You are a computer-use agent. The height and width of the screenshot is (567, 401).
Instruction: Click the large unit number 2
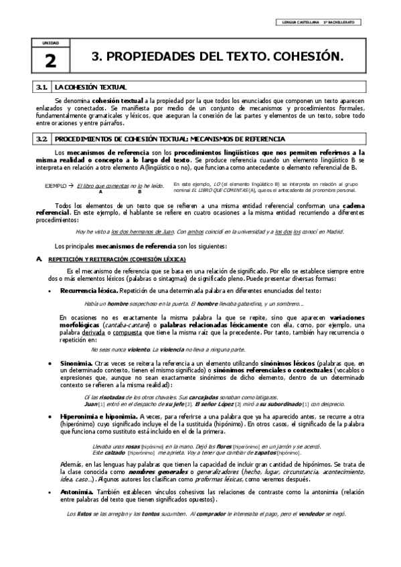(x=51, y=62)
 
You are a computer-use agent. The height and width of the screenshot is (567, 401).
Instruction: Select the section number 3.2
(x=42, y=139)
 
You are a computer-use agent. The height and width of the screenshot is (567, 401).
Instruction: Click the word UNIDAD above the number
(x=51, y=43)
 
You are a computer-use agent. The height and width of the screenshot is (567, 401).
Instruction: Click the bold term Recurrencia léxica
(x=89, y=292)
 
